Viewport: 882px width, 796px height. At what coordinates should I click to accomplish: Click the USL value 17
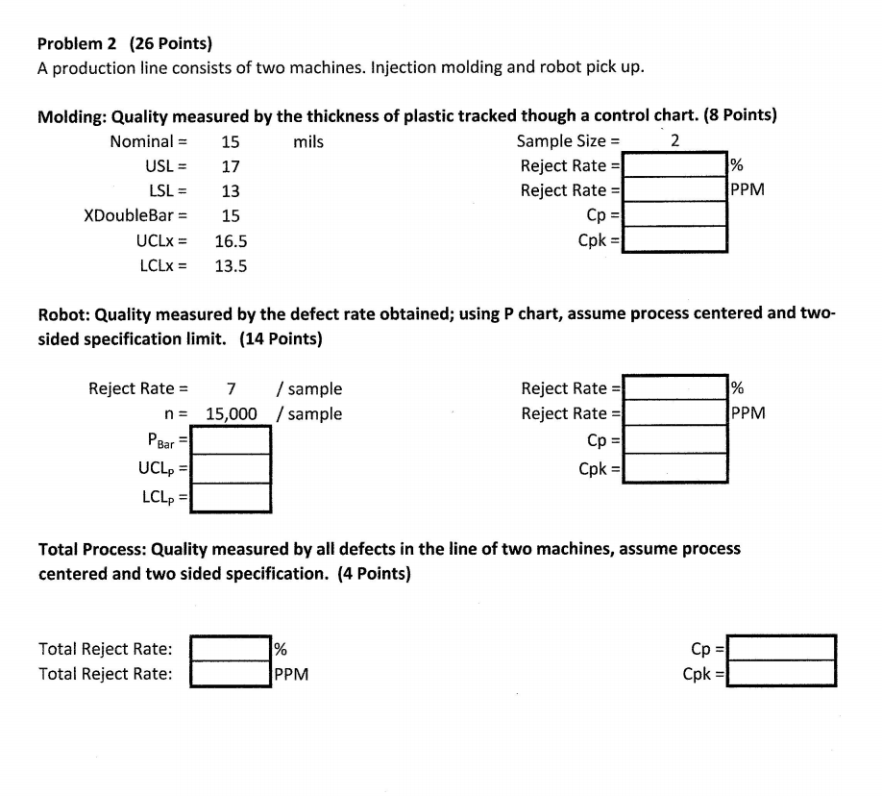(231, 166)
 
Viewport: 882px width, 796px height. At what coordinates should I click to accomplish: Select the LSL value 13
(231, 191)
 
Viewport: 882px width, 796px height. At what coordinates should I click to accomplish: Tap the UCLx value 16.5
(231, 241)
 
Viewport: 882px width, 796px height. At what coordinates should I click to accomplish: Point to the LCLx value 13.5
(231, 266)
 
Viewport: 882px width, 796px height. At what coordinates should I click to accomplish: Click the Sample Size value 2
(674, 141)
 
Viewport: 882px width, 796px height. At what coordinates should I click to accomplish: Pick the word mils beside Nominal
(308, 142)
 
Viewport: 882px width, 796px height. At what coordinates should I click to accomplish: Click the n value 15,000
(232, 414)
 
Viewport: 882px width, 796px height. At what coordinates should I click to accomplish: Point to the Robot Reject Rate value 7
(231, 389)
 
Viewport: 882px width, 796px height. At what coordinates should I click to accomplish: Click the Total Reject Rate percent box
(231, 648)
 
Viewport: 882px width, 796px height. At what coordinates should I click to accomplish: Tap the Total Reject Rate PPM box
(231, 673)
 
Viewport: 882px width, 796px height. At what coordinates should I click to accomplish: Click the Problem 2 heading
(125, 43)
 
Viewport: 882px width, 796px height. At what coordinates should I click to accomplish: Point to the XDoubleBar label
(135, 216)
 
